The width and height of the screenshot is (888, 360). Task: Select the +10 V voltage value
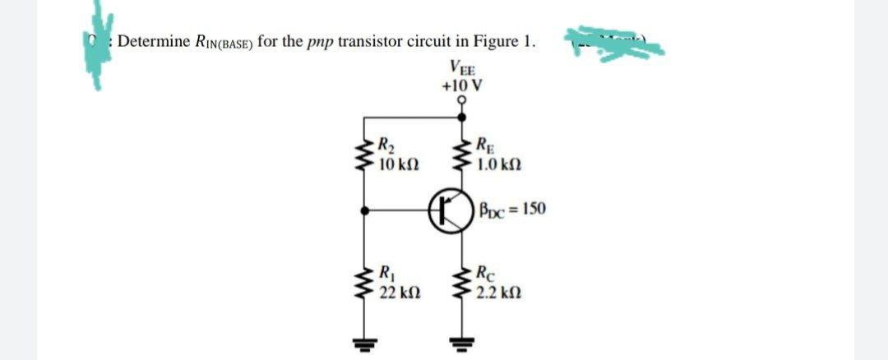[x=461, y=85]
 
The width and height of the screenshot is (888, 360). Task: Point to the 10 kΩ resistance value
[x=400, y=164]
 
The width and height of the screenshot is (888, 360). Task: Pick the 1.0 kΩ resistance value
[x=497, y=164]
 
